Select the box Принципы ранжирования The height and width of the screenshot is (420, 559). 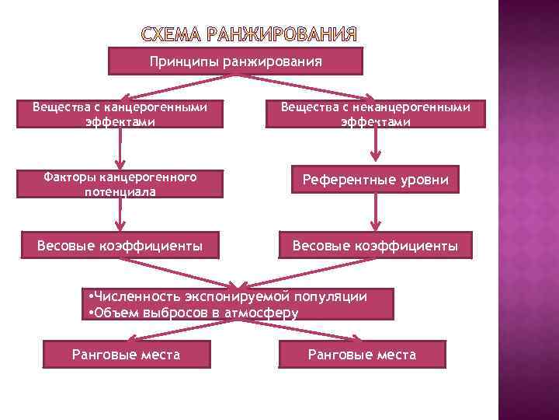(x=235, y=61)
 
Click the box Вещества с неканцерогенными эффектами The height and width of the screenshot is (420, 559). (x=376, y=114)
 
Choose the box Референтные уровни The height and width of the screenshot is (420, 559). (x=375, y=180)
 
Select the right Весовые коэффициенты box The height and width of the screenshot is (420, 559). (x=375, y=246)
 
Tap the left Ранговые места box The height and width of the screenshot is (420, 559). (x=126, y=355)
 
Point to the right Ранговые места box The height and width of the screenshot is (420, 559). (x=362, y=355)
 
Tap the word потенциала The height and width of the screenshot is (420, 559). (x=120, y=191)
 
